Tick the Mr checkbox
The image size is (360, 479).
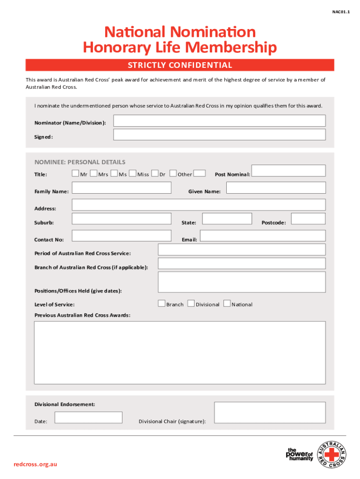tap(75, 174)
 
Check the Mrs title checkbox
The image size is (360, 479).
tap(94, 174)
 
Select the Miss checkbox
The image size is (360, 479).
tap(133, 174)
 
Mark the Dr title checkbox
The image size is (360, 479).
tap(155, 174)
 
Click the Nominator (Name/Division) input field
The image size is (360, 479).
tap(219, 121)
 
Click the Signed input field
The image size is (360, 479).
tap(219, 135)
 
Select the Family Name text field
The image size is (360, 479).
tap(122, 188)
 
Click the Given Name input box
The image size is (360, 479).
tap(276, 188)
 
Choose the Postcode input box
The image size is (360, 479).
tap(308, 218)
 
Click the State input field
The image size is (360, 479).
tap(227, 218)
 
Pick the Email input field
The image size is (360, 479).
tap(262, 235)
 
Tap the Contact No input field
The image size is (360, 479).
tap(122, 235)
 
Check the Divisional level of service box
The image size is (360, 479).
tap(191, 304)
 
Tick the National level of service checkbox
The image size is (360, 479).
tap(227, 304)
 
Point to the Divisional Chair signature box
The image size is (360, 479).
tap(270, 413)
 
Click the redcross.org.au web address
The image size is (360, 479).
tap(36, 464)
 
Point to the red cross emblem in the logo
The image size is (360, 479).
tap(332, 454)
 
